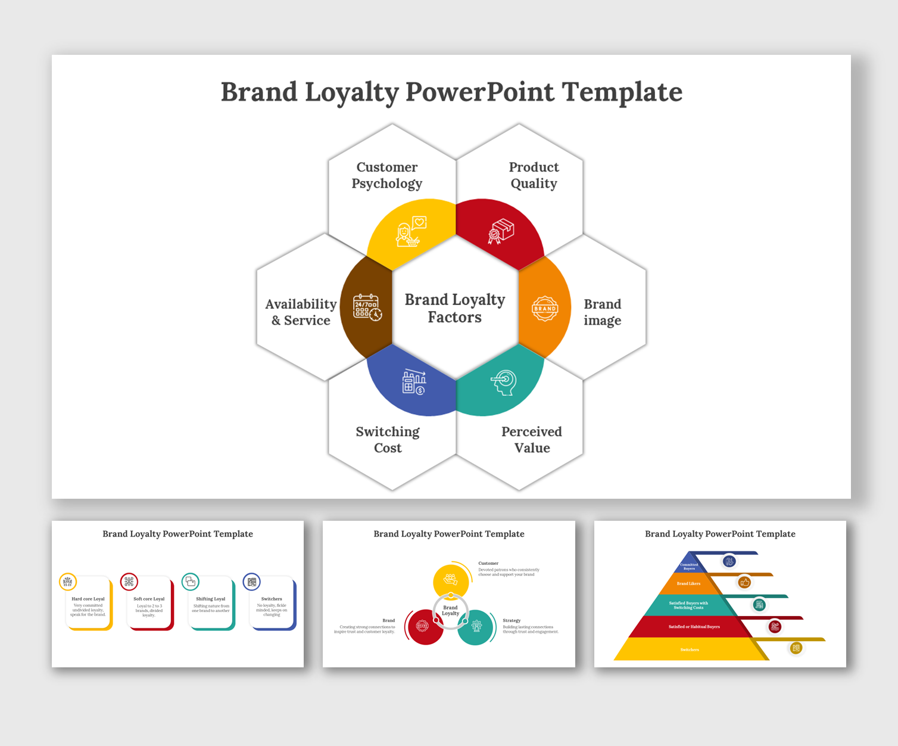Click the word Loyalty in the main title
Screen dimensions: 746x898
[351, 92]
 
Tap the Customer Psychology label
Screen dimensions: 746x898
[386, 175]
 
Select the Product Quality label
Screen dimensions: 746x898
[534, 175]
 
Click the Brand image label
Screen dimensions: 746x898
[602, 312]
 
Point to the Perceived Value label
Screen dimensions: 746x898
[531, 440]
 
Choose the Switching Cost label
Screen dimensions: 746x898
[388, 440]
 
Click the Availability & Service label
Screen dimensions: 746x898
[301, 312]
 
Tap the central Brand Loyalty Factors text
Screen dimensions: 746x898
[455, 308]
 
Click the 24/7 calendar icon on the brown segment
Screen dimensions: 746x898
[367, 307]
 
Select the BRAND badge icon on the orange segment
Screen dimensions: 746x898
[544, 309]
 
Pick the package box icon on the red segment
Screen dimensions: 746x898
[501, 231]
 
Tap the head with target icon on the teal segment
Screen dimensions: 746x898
[504, 383]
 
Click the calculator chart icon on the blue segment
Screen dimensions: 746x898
[414, 382]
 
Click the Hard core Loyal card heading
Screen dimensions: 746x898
[88, 599]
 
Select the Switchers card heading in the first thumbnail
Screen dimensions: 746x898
[272, 599]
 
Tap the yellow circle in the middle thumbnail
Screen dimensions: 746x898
[451, 580]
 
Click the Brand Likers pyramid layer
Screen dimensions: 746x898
[688, 584]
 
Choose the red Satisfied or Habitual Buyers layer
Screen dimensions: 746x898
[694, 627]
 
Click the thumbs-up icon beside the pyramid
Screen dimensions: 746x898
[744, 583]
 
